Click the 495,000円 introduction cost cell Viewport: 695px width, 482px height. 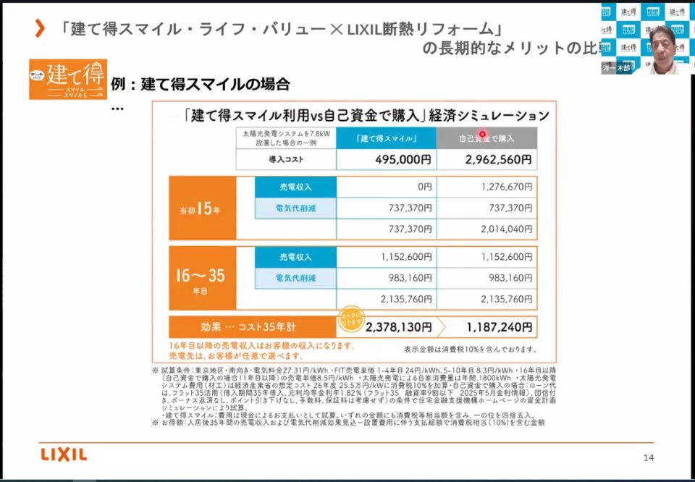tap(386, 159)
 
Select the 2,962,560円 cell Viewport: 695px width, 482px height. tap(486, 159)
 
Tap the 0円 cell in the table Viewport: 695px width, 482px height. tap(386, 187)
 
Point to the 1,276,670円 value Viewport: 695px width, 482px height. tap(486, 187)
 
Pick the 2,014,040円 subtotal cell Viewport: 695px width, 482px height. tap(486, 229)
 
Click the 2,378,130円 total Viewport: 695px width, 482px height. tap(399, 327)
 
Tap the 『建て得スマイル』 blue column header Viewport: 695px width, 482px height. tap(386, 138)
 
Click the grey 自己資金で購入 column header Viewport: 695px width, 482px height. tap(486, 138)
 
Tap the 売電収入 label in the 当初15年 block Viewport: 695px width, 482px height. tap(295, 187)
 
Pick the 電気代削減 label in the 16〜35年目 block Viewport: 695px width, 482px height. tap(295, 278)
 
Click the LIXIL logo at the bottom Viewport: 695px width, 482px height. tap(64, 454)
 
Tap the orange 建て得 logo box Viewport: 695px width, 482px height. tap(67, 79)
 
